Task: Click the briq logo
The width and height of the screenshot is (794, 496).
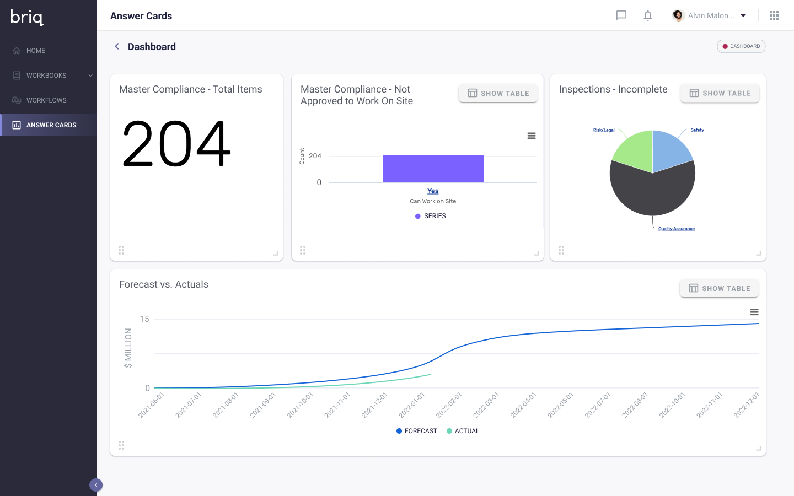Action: click(x=27, y=17)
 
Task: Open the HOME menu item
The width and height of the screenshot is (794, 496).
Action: click(x=36, y=51)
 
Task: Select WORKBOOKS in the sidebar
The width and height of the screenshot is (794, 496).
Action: click(x=46, y=76)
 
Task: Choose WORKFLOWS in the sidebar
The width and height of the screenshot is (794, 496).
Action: click(x=46, y=100)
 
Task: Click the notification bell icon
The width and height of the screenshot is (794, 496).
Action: click(x=648, y=15)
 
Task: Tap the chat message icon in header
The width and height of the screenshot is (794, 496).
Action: click(x=621, y=15)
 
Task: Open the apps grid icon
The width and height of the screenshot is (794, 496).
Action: click(x=774, y=15)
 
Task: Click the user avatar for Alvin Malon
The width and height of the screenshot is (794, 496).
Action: click(x=678, y=15)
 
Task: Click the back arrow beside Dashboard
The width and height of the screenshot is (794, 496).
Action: click(x=117, y=47)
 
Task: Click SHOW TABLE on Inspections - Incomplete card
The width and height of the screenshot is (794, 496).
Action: click(x=720, y=93)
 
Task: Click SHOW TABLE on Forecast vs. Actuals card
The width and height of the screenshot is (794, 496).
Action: click(x=719, y=288)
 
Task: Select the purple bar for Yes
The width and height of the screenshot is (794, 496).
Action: click(x=433, y=169)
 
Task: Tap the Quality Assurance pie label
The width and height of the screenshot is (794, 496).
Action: click(x=676, y=229)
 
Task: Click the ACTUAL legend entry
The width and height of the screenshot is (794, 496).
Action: click(x=466, y=431)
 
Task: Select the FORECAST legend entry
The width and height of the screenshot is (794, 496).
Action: click(x=420, y=431)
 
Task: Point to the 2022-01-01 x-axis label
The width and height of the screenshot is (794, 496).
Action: click(x=412, y=405)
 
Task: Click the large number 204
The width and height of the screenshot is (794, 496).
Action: click(x=176, y=144)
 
